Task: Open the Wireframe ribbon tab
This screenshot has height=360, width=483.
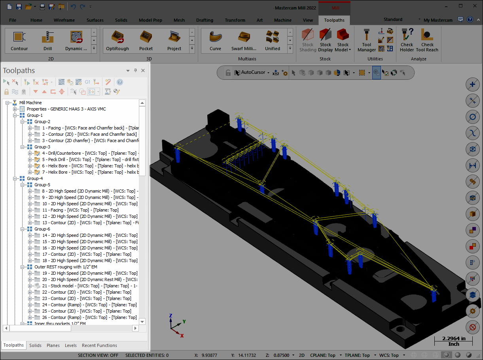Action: point(64,20)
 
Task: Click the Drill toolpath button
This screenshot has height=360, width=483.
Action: point(47,41)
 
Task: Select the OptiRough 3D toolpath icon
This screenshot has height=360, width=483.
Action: point(117,41)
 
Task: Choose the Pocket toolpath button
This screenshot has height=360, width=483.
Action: point(146,41)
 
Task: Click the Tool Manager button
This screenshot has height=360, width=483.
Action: point(367,40)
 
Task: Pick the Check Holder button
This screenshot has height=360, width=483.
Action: point(407,40)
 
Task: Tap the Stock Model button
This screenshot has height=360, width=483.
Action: point(343,40)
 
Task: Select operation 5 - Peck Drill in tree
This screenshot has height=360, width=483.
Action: point(90,159)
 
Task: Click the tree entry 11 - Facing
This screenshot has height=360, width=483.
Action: point(80,210)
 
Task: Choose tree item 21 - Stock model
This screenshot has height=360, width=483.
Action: point(89,286)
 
